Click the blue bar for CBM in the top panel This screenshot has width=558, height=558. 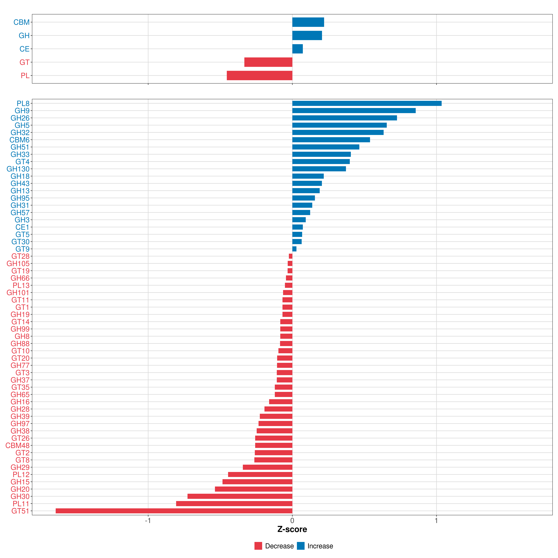coord(308,22)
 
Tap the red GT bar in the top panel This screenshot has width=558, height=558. coord(268,62)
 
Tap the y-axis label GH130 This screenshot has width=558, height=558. coord(18,169)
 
